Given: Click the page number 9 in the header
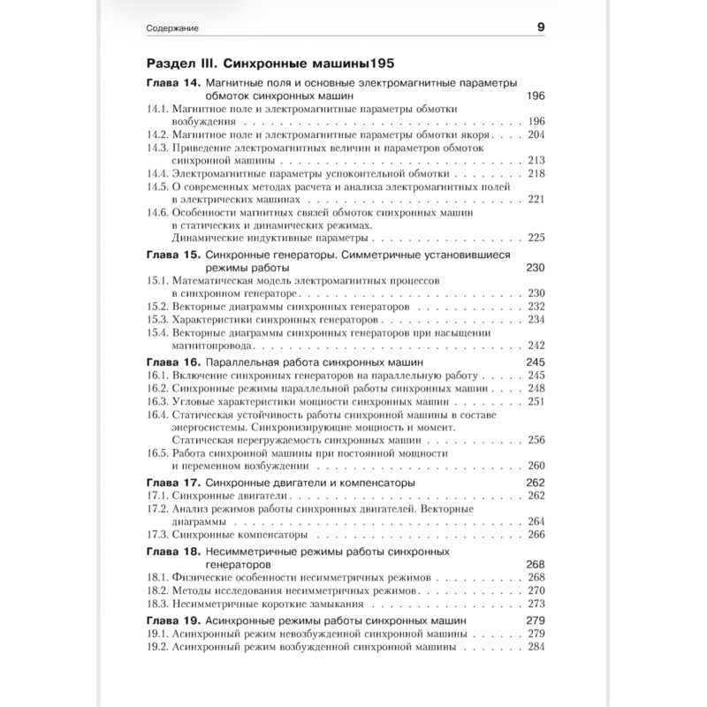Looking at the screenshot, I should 540,27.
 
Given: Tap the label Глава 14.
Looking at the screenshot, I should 172,82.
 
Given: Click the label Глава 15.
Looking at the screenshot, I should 172,254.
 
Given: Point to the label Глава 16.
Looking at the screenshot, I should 172,362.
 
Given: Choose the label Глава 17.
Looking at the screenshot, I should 172,483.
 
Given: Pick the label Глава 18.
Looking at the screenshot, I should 172,550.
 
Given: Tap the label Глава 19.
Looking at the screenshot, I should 172,621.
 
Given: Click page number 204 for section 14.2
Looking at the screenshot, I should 536,134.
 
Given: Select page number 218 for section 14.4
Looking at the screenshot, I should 536,174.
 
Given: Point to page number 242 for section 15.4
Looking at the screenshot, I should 536,346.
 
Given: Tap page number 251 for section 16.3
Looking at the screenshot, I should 536,402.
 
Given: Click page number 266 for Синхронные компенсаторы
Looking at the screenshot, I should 536,536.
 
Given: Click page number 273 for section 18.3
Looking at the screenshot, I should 536,604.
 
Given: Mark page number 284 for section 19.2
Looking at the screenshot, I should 536,647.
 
